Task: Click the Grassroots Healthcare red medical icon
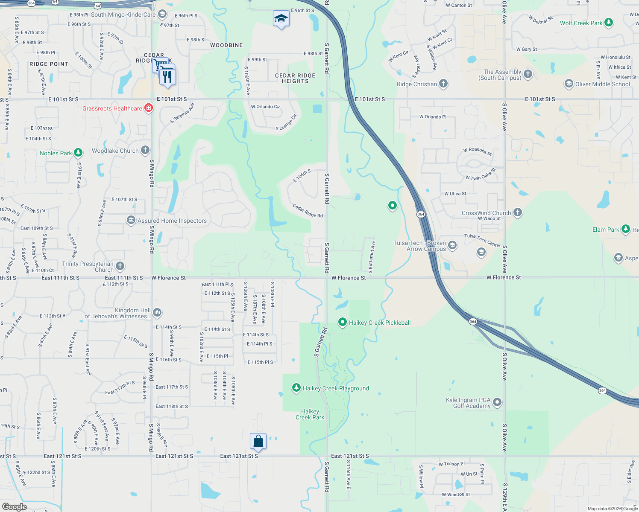(149, 108)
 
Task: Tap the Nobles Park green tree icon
(78, 152)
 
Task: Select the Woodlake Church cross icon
(145, 150)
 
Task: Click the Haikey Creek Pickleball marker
(342, 322)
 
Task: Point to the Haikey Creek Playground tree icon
(296, 387)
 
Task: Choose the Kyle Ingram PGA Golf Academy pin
(497, 402)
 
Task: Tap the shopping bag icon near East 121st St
(258, 441)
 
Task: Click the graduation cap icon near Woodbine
(281, 19)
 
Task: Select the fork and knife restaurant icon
(168, 77)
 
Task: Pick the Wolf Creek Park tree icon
(609, 23)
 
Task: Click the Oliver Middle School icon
(569, 84)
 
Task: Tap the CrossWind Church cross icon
(517, 212)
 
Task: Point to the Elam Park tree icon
(625, 229)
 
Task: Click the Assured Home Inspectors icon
(131, 220)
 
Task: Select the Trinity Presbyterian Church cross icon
(120, 266)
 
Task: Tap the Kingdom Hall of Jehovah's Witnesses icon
(157, 313)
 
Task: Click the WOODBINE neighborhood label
(226, 45)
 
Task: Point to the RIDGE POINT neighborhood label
(49, 64)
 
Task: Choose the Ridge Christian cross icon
(443, 84)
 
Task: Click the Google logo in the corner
(15, 506)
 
